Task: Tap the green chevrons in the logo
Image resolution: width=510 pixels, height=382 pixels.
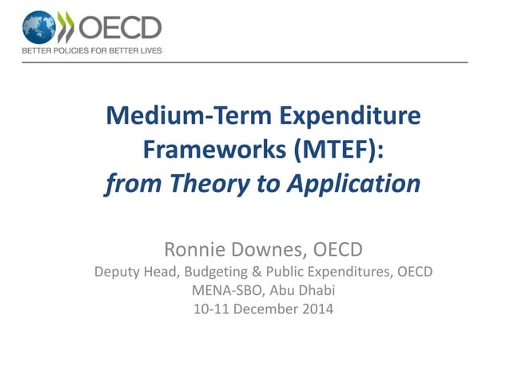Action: coord(66,26)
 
